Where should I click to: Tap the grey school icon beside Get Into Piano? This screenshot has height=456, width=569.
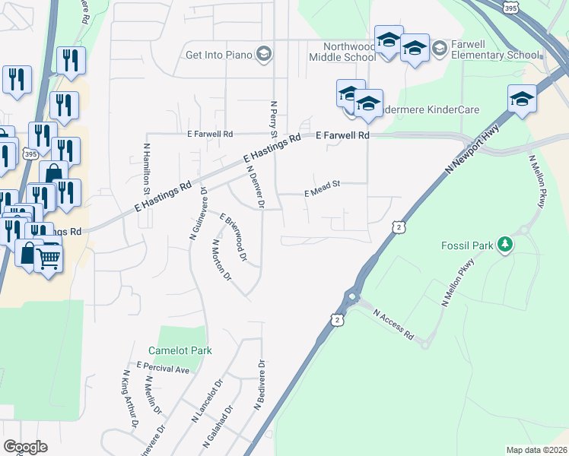coord(263,53)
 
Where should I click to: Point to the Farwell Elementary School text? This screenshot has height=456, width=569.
coord(495,55)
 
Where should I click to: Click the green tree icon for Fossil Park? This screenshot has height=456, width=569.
coord(503,245)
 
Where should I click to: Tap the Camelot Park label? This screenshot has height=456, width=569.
coord(180,350)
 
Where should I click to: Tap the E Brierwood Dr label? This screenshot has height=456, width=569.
coord(234,238)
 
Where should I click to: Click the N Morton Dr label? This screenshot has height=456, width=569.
coord(221,261)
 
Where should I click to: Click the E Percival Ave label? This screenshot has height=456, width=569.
coord(163,369)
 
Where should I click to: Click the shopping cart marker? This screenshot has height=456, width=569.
coord(48,258)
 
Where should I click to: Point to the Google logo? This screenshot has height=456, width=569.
coord(25,447)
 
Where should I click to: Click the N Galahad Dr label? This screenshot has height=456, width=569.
coord(218,428)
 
